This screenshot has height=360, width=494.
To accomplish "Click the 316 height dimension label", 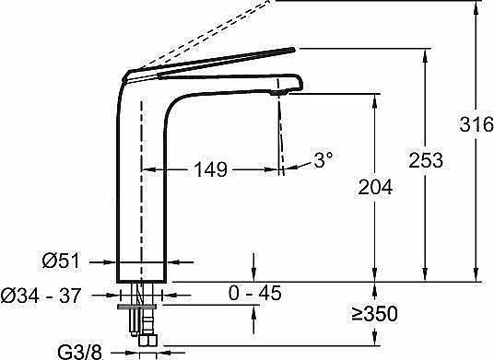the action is point(476,123).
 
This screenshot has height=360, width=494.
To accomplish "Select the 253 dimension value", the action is point(426,160).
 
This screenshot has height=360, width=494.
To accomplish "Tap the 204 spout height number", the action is point(375,187).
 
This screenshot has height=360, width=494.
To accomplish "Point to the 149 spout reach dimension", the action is point(210,169).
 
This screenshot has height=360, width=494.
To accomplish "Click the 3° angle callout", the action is point(323,159).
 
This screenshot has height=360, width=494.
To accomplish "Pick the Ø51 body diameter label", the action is point(62,261).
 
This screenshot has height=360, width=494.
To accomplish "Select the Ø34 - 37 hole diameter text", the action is point(41,296).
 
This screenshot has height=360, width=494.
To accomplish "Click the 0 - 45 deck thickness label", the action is point(254,293).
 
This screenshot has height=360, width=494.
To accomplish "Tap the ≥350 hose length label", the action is point(375,313).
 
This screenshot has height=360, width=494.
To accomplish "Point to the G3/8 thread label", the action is point(80,352).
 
